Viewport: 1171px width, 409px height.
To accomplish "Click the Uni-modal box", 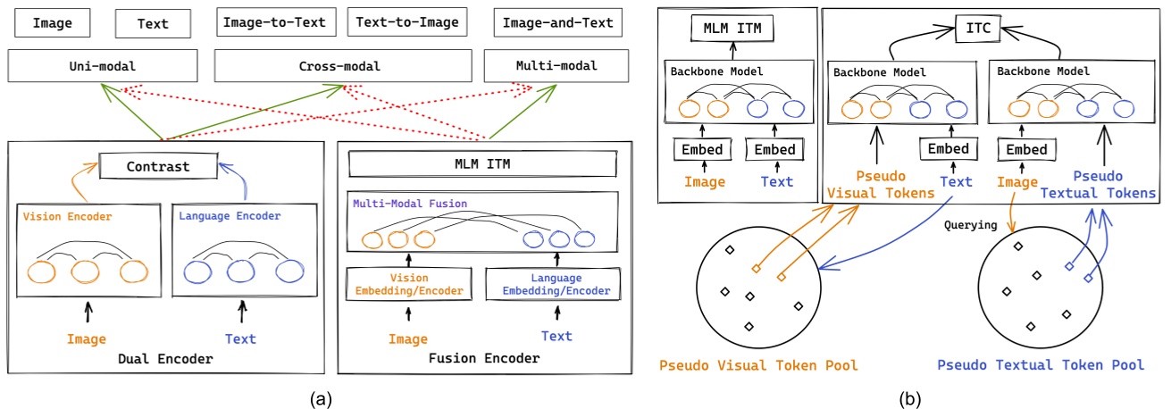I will click(103, 66).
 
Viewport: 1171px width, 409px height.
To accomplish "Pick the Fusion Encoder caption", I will click(483, 358).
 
